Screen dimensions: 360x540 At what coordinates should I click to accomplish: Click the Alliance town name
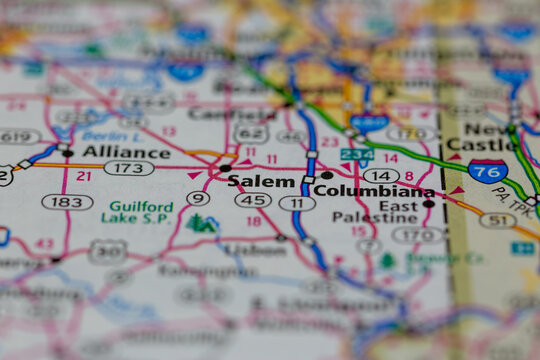click(x=126, y=152)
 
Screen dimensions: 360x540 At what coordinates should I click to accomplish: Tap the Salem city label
click(x=261, y=181)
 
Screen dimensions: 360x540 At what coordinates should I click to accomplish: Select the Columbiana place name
click(x=372, y=191)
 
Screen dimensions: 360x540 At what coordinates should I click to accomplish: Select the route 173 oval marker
click(x=129, y=168)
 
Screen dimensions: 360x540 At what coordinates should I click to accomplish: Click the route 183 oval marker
click(x=67, y=202)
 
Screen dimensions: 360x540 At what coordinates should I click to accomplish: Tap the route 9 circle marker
click(x=198, y=198)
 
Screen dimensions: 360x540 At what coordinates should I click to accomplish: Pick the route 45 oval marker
click(x=253, y=200)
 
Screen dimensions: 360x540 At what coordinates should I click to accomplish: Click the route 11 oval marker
click(x=297, y=203)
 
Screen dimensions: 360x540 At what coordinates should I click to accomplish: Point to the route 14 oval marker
click(x=381, y=175)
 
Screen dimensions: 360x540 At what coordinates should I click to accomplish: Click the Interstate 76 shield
click(x=487, y=170)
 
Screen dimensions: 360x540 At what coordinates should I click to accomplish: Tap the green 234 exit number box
click(x=357, y=154)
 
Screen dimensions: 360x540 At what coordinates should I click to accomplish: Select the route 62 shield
click(x=252, y=133)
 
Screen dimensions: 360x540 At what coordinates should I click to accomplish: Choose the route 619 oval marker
click(x=18, y=136)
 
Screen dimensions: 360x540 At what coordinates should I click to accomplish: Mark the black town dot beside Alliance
click(x=67, y=153)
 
